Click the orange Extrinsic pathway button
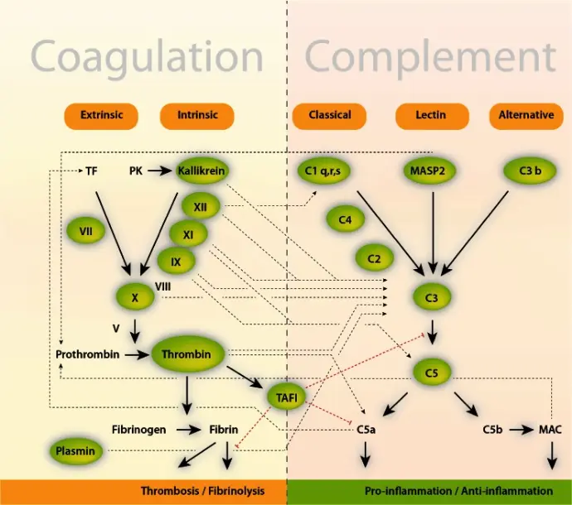tap(102, 116)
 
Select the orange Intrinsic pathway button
tap(197, 116)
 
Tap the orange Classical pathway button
tap(330, 116)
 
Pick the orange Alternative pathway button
tap(526, 116)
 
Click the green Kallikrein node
tap(201, 171)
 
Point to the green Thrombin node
tap(187, 354)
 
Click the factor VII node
tap(86, 232)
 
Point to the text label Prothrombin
tap(88, 354)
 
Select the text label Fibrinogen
tap(139, 430)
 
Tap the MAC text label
tap(550, 430)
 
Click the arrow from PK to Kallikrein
tap(159, 171)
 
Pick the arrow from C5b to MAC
tap(521, 430)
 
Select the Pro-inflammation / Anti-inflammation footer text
tap(458, 491)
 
